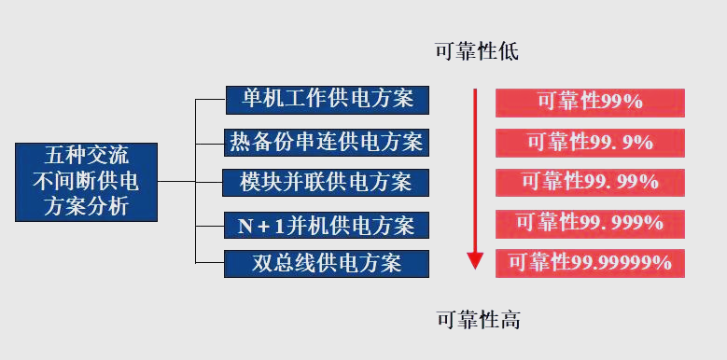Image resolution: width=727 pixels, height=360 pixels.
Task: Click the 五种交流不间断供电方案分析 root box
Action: point(86,180)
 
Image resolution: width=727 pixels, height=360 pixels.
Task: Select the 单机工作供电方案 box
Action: point(327,98)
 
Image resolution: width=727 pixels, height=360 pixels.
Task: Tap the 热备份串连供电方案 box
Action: point(327,142)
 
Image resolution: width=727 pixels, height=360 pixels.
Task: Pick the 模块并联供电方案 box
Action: point(327,182)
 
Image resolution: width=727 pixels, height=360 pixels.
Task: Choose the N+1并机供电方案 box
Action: point(327,225)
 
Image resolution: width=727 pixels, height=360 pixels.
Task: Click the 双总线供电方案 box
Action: point(327,263)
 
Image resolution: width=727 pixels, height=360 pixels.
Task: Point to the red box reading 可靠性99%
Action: point(589,102)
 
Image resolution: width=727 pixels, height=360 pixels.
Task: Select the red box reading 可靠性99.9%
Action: point(589,142)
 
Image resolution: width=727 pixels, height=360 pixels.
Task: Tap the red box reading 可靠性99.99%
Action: point(589,181)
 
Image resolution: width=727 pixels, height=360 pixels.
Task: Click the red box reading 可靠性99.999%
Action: point(589,223)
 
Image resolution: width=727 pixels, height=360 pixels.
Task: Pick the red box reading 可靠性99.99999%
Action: point(589,263)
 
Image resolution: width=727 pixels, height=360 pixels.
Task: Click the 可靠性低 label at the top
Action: point(476,51)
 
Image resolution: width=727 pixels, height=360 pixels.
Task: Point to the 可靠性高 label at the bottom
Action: point(478,321)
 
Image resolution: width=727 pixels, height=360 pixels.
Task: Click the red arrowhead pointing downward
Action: point(475,260)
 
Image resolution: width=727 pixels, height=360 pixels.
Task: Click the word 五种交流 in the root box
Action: point(86,155)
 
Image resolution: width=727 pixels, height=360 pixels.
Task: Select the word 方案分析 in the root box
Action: point(86,206)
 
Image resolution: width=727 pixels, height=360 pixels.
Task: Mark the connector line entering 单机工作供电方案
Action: point(210,98)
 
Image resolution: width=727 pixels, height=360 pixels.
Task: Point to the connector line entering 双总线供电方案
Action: point(210,263)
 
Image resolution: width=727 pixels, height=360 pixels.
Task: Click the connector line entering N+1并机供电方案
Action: point(210,225)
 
